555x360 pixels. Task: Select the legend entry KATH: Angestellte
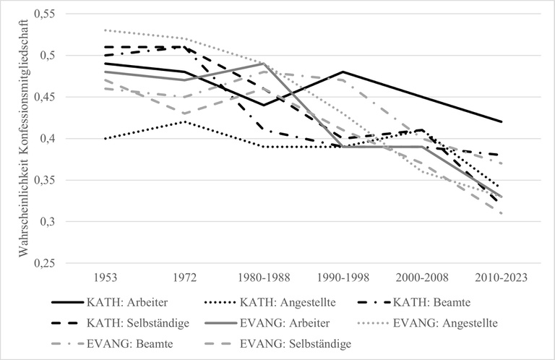click(302, 302)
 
